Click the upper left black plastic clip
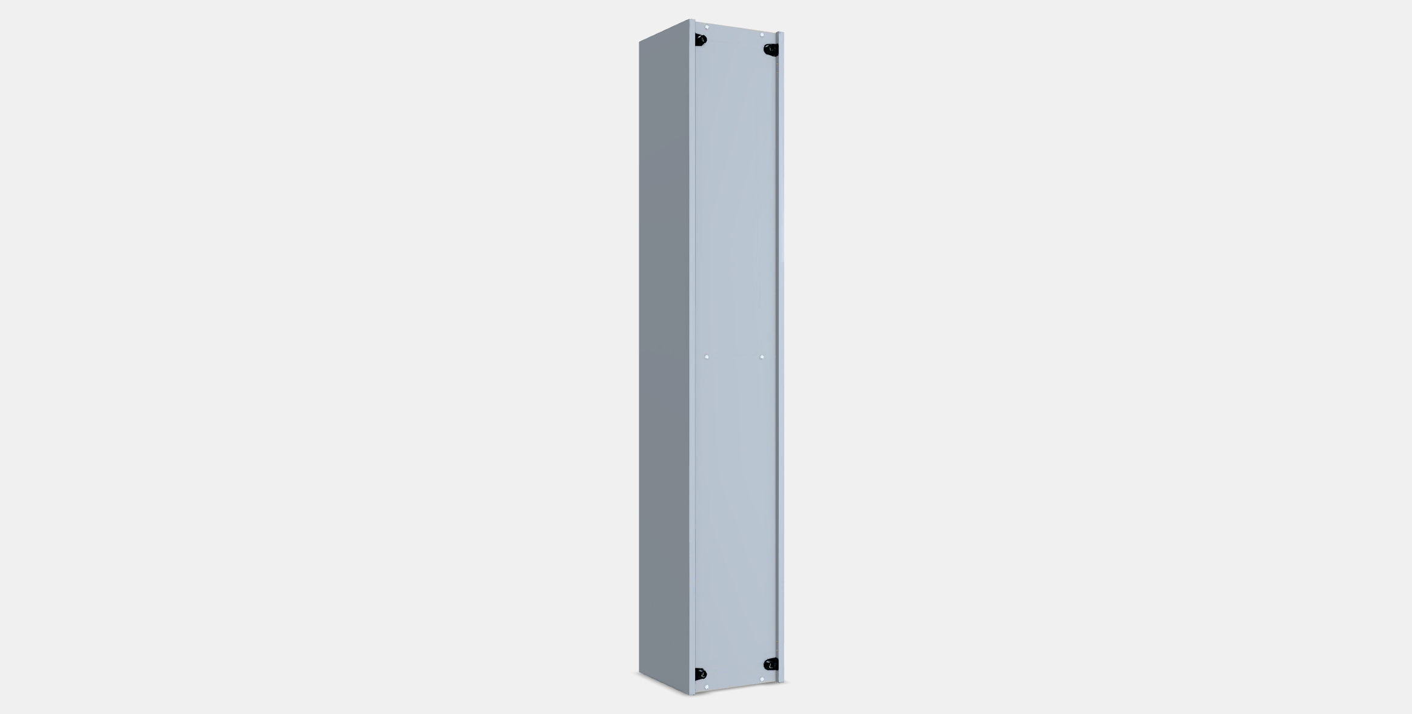pos(701,39)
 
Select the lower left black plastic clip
pos(701,674)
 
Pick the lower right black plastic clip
pos(771,664)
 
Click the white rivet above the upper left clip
pos(707,27)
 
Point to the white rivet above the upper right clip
pos(762,35)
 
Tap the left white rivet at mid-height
pos(707,357)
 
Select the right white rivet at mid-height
pos(762,357)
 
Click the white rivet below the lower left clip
pos(707,687)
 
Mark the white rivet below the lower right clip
pos(762,679)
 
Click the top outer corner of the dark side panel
pos(639,42)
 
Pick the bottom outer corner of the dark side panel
pos(639,672)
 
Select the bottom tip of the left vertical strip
pos(692,694)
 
